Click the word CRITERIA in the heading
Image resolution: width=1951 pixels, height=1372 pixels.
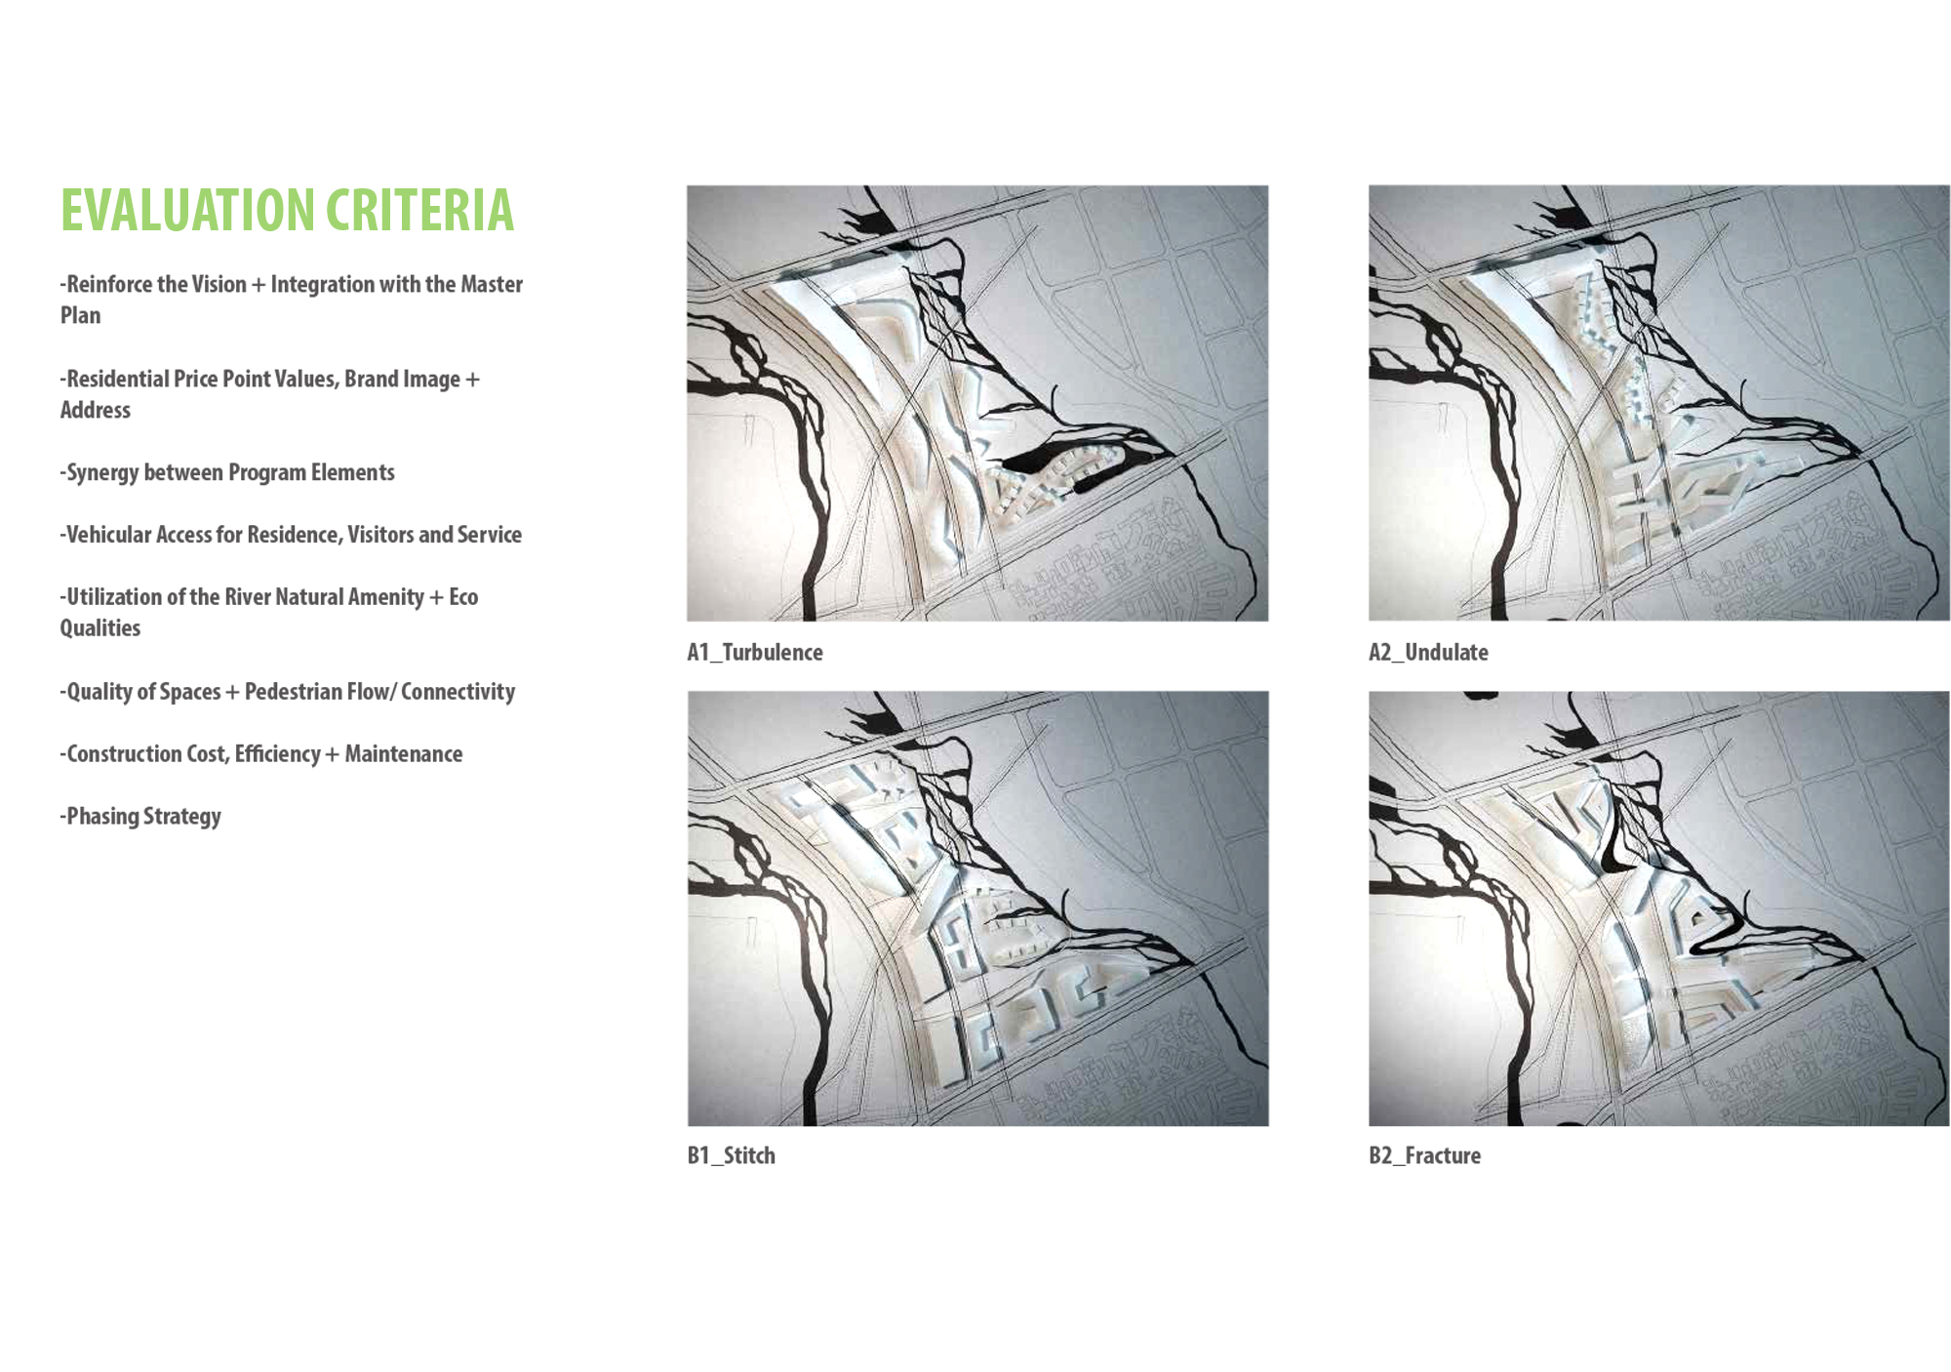pyautogui.click(x=420, y=210)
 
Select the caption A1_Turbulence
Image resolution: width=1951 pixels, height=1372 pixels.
pyautogui.click(x=755, y=652)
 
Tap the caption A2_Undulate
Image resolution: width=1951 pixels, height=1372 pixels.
pyautogui.click(x=1428, y=652)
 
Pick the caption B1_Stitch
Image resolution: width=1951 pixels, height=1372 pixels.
pyautogui.click(x=732, y=1155)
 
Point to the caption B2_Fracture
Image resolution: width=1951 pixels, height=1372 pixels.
pyautogui.click(x=1425, y=1155)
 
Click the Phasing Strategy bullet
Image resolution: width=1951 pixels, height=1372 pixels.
pyautogui.click(x=140, y=816)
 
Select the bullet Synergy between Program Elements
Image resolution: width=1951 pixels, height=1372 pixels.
pyautogui.click(x=227, y=472)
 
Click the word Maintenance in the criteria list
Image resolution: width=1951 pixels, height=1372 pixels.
pyautogui.click(x=404, y=753)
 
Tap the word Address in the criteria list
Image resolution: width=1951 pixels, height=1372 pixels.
pyautogui.click(x=96, y=410)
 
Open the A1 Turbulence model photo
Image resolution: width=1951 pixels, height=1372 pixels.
pyautogui.click(x=977, y=403)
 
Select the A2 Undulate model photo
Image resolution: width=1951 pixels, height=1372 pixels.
pyautogui.click(x=1659, y=403)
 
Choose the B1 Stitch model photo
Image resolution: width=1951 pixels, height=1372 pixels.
pyautogui.click(x=977, y=908)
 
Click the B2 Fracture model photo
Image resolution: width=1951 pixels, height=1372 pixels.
pyautogui.click(x=1659, y=908)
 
